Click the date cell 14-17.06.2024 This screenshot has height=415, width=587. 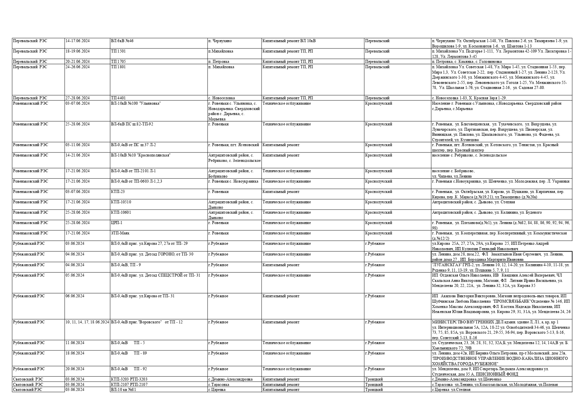point(77,41)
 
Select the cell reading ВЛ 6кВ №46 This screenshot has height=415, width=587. point(122,41)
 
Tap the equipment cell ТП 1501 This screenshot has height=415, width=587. point(118,51)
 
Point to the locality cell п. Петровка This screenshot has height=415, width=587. point(219,62)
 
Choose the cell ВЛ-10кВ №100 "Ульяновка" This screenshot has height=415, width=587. point(136,104)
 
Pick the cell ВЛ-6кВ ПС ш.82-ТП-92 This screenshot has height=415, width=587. point(132,124)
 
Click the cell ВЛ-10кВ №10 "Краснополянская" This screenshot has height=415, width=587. point(140,155)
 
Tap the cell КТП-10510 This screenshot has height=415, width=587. point(121,202)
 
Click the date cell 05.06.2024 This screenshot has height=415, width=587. point(75,276)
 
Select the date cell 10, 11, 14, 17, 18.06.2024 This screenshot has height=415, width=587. point(87,322)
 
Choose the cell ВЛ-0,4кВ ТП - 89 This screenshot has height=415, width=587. point(129,353)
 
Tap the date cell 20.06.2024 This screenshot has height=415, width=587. point(75,369)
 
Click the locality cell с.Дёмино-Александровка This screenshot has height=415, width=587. point(230,380)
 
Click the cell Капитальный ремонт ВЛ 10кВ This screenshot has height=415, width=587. point(289,41)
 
